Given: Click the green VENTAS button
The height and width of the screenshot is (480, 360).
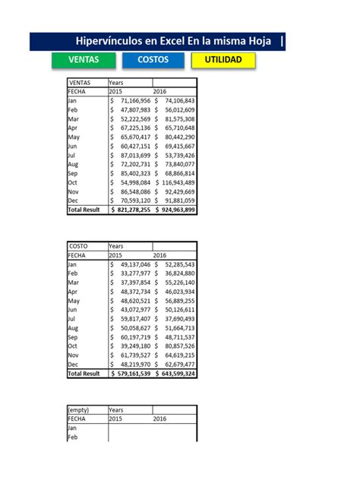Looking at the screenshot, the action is pyautogui.click(x=83, y=60).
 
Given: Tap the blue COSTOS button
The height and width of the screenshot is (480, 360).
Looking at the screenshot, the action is pyautogui.click(x=153, y=60).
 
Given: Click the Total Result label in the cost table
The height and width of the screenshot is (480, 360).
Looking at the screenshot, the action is pyautogui.click(x=84, y=374).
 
